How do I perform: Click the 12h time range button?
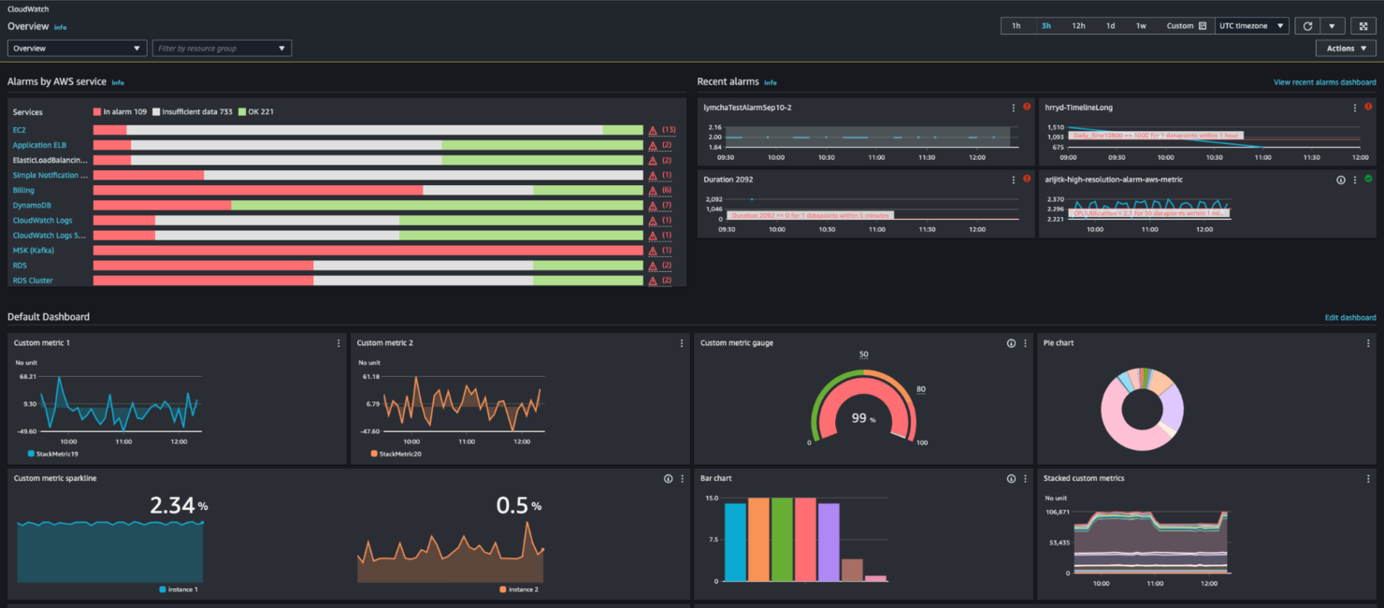1078,26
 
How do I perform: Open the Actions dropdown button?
1345,49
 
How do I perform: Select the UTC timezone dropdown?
1252,26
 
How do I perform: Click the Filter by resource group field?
222,48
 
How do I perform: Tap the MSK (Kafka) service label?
34,250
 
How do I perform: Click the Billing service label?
23,190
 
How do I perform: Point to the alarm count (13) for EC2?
669,130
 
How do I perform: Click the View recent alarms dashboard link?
1324,82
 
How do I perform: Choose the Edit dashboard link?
1349,318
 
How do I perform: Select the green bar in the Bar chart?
782,539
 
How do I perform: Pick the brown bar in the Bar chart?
852,570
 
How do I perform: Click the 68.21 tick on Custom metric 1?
27,376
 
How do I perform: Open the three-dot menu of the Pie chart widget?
1368,343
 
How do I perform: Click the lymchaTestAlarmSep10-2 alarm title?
747,108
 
